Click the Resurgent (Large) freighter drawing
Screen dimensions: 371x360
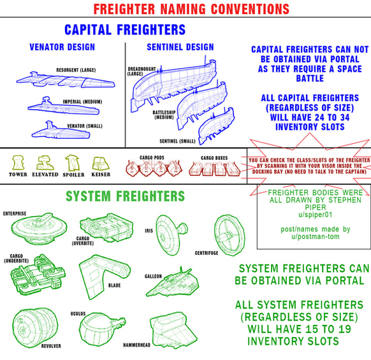pyautogui.click(x=66, y=80)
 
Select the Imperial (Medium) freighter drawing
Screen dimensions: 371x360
pyautogui.click(x=63, y=108)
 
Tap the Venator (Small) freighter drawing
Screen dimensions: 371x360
pyautogui.click(x=61, y=131)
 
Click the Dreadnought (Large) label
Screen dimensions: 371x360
pyautogui.click(x=142, y=71)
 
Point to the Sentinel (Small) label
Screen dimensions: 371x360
pyautogui.click(x=177, y=141)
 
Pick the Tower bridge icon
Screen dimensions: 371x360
pyautogui.click(x=18, y=162)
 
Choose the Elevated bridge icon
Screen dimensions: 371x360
pyautogui.click(x=45, y=162)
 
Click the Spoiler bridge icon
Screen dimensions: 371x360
pyautogui.click(x=73, y=162)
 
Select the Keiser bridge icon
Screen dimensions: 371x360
pyautogui.click(x=101, y=164)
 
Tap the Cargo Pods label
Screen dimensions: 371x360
pyautogui.click(x=152, y=158)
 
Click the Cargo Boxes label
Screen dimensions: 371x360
pyautogui.click(x=214, y=158)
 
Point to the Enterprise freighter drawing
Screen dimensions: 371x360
pyautogui.click(x=39, y=229)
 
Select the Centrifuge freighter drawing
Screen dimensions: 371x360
pyautogui.click(x=229, y=235)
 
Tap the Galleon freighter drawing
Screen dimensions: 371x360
pyautogui.click(x=173, y=283)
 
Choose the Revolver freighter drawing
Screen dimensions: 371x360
pyautogui.click(x=35, y=328)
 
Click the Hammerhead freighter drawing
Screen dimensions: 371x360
pyautogui.click(x=173, y=331)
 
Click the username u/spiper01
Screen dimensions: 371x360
pyautogui.click(x=315, y=215)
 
